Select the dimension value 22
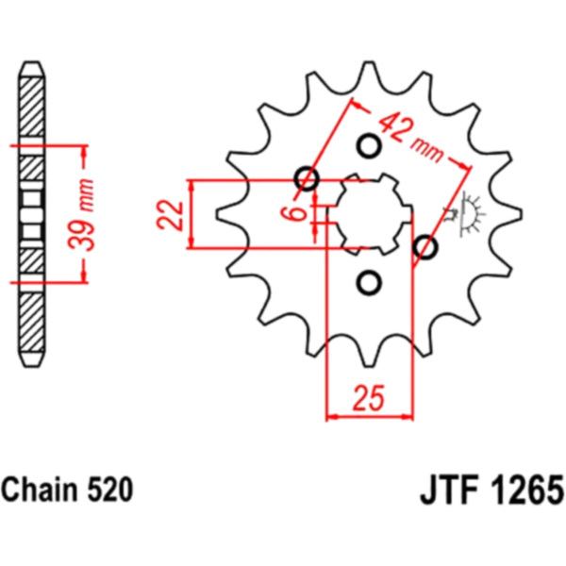point(170,215)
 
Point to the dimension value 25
point(370,397)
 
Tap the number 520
point(111,491)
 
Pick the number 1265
point(524,491)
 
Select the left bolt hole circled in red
point(307,178)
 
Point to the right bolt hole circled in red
point(426,248)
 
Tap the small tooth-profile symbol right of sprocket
point(469,215)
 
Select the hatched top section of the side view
point(31,105)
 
